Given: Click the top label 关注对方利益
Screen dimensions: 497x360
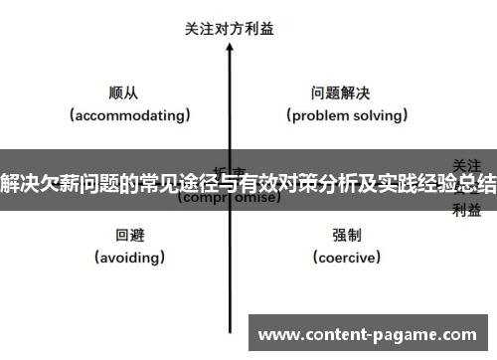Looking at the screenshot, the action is click(230, 29).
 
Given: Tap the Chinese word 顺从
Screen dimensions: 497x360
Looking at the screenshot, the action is click(123, 93).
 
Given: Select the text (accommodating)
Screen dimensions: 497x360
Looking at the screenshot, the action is click(130, 115).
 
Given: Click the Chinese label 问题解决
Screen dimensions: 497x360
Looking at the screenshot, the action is click(341, 93).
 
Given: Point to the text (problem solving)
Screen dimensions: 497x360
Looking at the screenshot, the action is click(347, 115).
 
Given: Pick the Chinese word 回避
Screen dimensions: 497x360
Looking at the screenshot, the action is click(130, 236).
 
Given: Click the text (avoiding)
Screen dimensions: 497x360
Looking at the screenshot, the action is click(130, 258).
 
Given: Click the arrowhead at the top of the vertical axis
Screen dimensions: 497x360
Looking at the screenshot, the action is click(230, 49).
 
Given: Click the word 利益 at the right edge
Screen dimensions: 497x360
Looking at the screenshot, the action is click(467, 209).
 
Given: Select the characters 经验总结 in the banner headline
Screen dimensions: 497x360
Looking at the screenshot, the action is click(454, 185).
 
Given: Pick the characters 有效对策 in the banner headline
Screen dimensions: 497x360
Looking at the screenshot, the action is click(276, 185).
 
